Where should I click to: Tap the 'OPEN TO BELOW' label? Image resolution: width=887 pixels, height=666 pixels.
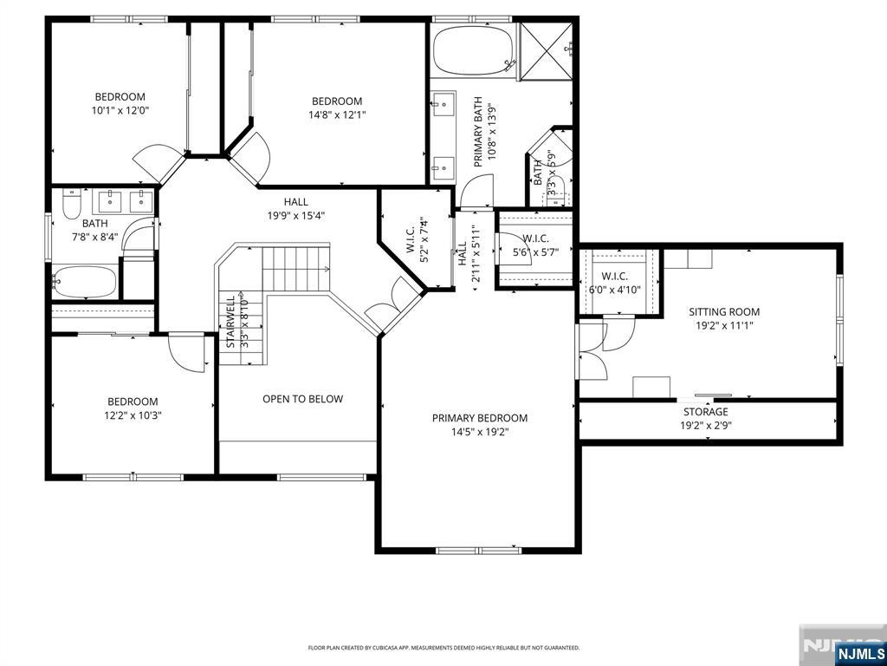tap(302, 399)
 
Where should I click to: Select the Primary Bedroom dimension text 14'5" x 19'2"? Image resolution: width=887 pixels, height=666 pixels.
tap(479, 431)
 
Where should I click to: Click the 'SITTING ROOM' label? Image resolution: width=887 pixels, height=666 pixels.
tap(724, 311)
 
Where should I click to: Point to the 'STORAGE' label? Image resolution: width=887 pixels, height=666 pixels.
tap(705, 412)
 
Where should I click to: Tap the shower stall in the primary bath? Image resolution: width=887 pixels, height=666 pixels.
tap(546, 51)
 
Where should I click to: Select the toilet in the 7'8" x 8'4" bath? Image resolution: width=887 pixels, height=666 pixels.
tap(71, 206)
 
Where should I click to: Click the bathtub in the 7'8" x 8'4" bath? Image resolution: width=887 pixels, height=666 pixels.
tap(84, 281)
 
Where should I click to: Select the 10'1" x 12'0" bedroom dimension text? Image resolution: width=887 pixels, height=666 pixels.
tap(120, 110)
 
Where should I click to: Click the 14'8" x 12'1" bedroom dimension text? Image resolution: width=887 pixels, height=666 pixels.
tap(337, 114)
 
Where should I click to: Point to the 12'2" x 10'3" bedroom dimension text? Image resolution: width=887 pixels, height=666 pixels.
tap(133, 415)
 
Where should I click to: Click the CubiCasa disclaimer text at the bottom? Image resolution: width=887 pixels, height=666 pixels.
tap(443, 648)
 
